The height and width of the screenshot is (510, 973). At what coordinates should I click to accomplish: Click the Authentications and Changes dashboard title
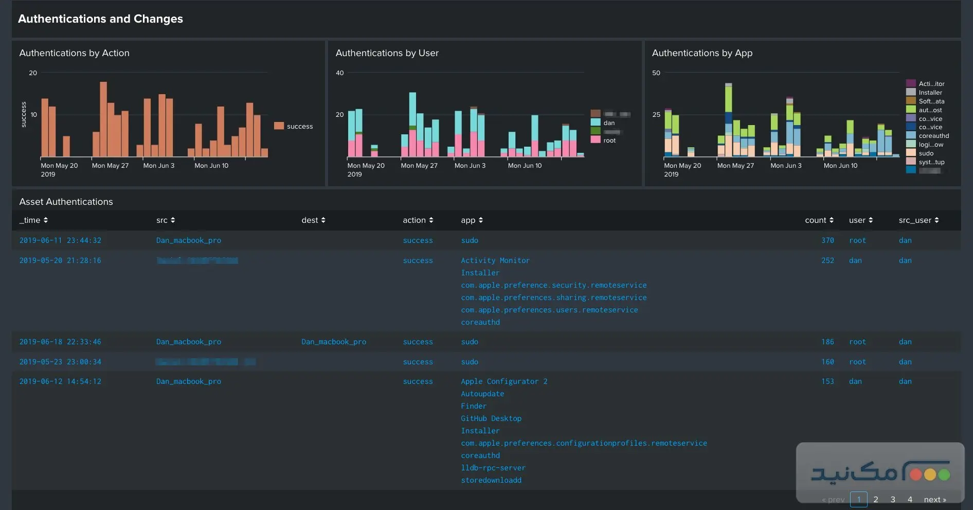(100, 19)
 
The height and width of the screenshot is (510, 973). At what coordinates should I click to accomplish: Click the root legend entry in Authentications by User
(609, 140)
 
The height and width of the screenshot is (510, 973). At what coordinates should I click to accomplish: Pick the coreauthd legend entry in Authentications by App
(933, 136)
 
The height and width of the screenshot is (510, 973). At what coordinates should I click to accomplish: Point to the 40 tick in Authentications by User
(339, 73)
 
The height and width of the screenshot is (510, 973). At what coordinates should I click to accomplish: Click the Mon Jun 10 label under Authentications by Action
(211, 166)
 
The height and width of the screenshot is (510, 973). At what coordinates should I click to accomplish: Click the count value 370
(827, 240)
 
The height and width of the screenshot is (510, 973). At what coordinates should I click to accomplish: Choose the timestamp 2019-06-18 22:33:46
(60, 342)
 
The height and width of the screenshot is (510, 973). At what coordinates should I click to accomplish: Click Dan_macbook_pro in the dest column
(334, 342)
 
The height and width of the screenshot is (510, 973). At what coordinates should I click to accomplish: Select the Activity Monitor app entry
(495, 260)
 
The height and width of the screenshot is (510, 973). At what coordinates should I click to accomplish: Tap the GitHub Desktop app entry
(491, 418)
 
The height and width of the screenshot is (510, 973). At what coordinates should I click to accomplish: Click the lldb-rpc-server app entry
(493, 468)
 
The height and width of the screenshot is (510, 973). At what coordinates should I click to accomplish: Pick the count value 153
(827, 381)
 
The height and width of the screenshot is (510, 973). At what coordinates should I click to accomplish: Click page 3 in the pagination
(893, 499)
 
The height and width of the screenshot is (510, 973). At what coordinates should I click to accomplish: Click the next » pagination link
(934, 499)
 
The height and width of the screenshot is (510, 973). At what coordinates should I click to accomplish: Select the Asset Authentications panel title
(66, 202)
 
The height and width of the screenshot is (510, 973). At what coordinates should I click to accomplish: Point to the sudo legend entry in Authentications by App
(926, 153)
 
